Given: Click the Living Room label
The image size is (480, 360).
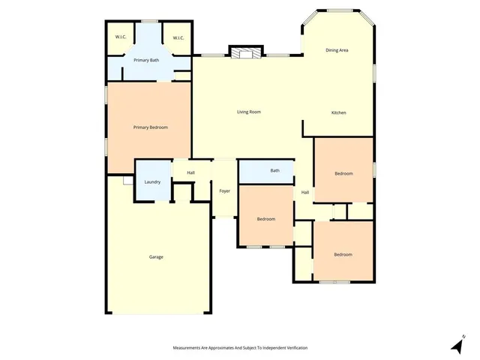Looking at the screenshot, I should (248, 112).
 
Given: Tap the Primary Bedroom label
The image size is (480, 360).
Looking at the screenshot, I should (150, 127).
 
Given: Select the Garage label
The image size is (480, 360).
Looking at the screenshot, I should (156, 257).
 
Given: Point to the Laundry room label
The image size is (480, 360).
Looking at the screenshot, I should (152, 182).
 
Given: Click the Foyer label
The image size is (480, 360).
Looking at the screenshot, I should (224, 191).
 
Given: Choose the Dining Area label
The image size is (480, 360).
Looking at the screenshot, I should (337, 50).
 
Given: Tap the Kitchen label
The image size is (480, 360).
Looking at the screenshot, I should (339, 112).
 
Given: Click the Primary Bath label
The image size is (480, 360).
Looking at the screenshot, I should (146, 60).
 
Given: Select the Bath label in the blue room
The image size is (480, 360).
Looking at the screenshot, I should (275, 170).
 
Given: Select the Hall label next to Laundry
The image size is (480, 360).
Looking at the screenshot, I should (190, 173).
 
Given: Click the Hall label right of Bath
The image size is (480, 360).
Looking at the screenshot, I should (305, 193).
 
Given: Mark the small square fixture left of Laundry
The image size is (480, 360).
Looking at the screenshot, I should (127, 181).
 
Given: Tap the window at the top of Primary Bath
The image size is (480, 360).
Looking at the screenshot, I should (150, 21).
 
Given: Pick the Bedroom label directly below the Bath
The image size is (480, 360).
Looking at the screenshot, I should (266, 219).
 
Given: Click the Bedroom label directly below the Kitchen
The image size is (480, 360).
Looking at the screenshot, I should (343, 173).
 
